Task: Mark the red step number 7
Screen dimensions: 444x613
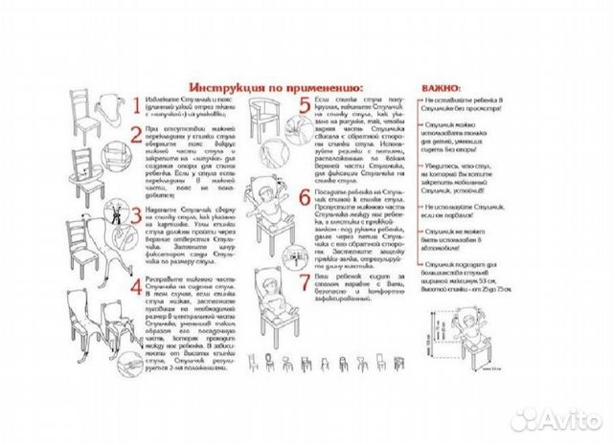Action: pos(304,286)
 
